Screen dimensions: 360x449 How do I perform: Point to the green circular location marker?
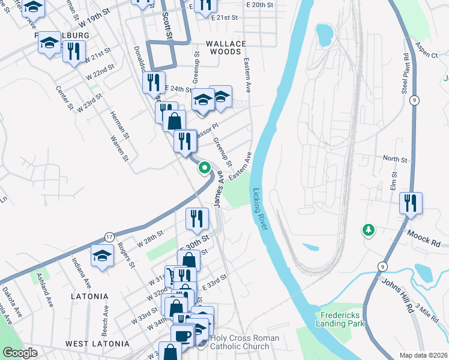tap(205, 168)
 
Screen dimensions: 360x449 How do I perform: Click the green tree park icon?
tap(368, 230)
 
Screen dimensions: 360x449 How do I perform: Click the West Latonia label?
tap(97, 344)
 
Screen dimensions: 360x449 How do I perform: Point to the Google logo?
tap(20, 353)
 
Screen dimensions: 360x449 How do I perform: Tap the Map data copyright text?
tap(424, 355)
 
